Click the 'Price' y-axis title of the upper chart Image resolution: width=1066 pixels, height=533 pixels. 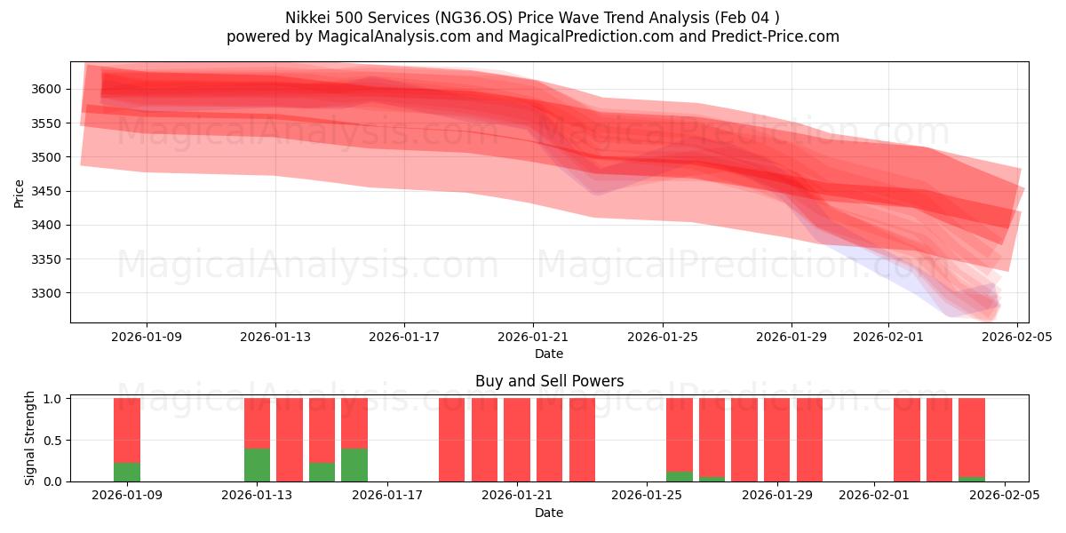(x=19, y=192)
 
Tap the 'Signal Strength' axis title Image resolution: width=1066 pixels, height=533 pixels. (x=30, y=439)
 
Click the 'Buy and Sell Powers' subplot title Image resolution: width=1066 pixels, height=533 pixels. (x=549, y=381)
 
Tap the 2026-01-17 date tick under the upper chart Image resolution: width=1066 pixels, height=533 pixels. (x=404, y=337)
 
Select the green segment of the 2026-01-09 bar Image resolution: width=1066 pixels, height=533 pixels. (x=127, y=472)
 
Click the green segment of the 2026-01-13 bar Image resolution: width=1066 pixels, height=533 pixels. (x=257, y=465)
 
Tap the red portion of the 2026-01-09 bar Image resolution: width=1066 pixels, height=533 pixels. (x=127, y=430)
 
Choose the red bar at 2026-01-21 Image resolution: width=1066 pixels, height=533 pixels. (x=517, y=440)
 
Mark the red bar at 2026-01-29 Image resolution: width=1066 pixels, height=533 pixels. (x=777, y=440)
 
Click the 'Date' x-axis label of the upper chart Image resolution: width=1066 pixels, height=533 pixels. (x=549, y=354)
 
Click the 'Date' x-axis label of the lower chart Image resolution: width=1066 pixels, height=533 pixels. (x=549, y=512)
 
